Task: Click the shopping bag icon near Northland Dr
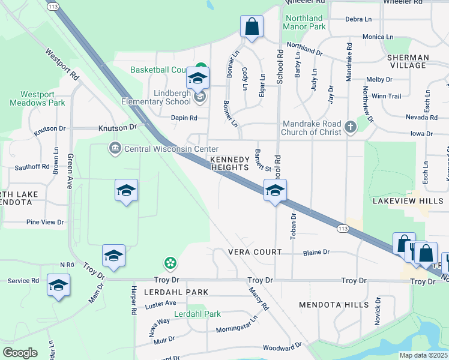[x=252, y=27]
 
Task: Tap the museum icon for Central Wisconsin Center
[x=115, y=148]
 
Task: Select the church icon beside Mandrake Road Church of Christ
[x=351, y=127]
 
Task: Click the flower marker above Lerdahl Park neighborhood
[x=171, y=263]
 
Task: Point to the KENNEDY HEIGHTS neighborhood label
[x=229, y=164]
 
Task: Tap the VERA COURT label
[x=255, y=252]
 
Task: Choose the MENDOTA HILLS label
[x=334, y=305]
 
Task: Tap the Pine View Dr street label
[x=45, y=222]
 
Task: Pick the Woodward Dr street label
[x=282, y=347]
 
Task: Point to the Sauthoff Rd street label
[x=32, y=166]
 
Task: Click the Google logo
[x=20, y=353]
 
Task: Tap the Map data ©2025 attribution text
[x=423, y=355]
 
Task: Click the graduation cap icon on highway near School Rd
[x=275, y=191]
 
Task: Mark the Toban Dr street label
[x=294, y=227]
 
